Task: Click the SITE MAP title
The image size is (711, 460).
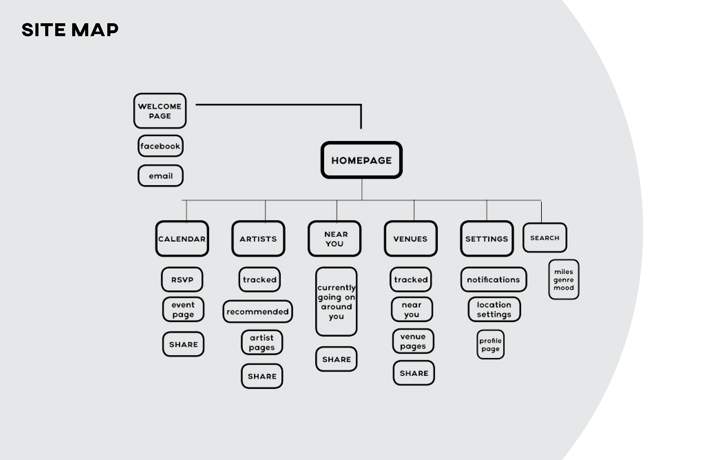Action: [70, 30]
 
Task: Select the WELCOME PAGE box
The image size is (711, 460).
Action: [160, 111]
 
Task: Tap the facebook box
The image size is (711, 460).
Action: [160, 146]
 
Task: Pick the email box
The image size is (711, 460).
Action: [160, 176]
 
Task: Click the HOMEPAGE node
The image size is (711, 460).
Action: [361, 160]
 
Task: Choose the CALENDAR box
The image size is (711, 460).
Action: [182, 239]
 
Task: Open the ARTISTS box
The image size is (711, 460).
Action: [258, 239]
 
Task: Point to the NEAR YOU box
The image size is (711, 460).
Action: [334, 239]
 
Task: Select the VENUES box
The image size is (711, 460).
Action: [411, 239]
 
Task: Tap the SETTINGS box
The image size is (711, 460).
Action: [487, 239]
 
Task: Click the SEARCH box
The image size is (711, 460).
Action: [545, 238]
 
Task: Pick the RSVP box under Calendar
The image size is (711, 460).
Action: [182, 280]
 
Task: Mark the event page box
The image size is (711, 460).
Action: [183, 309]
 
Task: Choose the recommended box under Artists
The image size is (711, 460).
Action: [258, 311]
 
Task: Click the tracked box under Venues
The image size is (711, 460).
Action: [411, 280]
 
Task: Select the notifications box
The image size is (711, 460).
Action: [493, 280]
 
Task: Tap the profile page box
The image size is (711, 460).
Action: [490, 344]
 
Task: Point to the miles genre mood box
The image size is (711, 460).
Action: [564, 280]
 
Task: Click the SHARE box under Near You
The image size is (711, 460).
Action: [336, 359]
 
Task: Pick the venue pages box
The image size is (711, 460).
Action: [413, 341]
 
